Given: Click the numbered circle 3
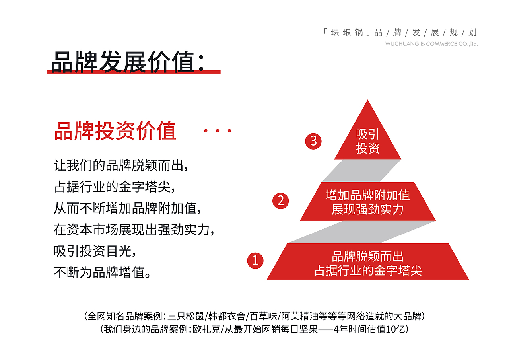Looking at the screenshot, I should [x=313, y=141].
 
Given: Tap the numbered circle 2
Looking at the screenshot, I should [x=281, y=200].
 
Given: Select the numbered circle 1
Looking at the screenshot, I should [x=255, y=260].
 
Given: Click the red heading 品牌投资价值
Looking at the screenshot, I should [x=115, y=131].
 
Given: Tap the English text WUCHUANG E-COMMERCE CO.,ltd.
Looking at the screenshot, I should [x=431, y=44].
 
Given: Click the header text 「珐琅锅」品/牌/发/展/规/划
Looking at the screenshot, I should [x=400, y=33].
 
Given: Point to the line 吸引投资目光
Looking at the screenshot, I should [x=95, y=251].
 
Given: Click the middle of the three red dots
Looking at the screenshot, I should [x=218, y=131].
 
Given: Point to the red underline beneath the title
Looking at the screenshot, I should [x=133, y=72].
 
